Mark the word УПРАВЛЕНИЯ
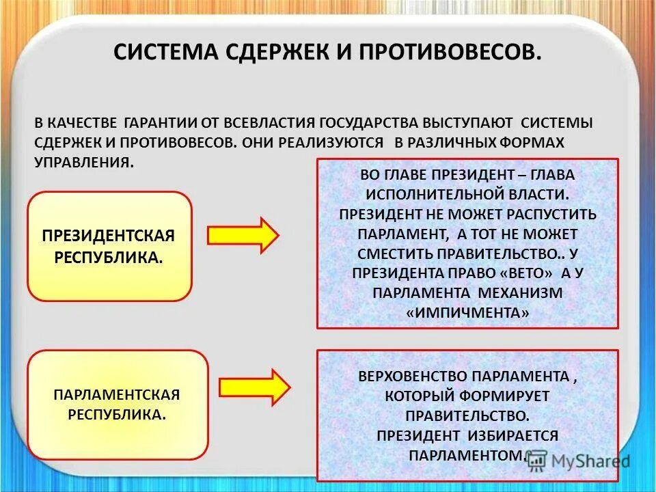point(82,161)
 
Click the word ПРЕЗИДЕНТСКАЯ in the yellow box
point(109,236)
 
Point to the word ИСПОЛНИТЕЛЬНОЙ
point(441,194)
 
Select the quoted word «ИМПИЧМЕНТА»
point(467,312)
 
